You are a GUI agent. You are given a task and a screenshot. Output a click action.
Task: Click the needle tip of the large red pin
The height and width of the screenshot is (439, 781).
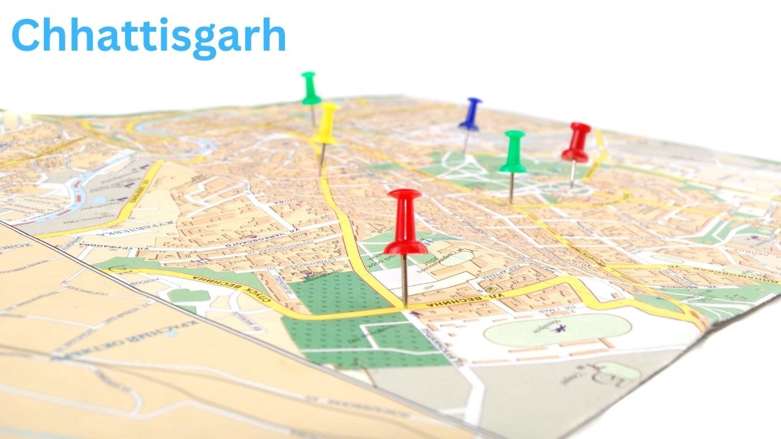point(405,303)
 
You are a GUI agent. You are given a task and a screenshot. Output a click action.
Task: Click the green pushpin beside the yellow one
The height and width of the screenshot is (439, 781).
point(311,88)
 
